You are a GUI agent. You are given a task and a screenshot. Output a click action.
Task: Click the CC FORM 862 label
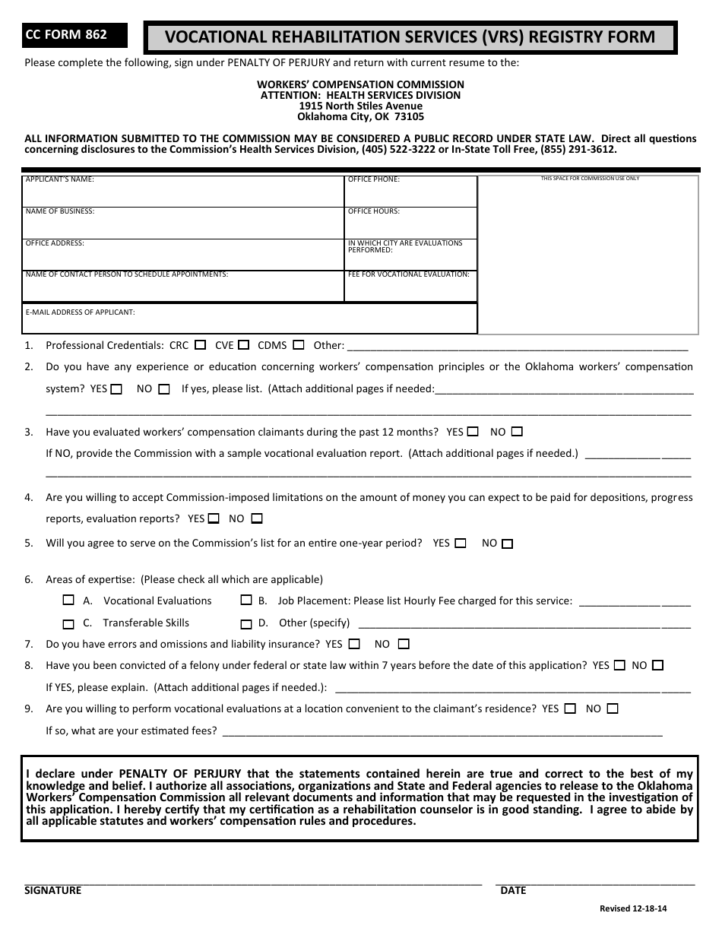(x=67, y=34)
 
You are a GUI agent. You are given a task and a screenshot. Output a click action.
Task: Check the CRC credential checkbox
(x=200, y=345)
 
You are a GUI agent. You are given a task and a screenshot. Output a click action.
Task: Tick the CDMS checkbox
(x=299, y=345)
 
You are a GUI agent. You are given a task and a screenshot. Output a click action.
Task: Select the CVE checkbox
(x=245, y=345)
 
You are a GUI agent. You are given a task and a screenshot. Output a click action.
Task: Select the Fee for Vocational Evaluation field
(x=410, y=287)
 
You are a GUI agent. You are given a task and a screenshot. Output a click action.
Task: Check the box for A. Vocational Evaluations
(x=69, y=600)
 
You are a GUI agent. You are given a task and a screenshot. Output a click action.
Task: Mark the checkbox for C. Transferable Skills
(x=69, y=624)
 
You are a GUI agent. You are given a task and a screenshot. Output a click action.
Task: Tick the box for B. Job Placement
(x=246, y=600)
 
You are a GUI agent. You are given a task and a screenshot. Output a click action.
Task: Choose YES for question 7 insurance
(x=354, y=644)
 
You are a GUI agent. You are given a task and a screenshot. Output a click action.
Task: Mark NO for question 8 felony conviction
(x=658, y=665)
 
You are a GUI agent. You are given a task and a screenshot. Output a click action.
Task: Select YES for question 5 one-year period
(x=462, y=544)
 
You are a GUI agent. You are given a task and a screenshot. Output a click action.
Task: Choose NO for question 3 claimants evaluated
(x=518, y=432)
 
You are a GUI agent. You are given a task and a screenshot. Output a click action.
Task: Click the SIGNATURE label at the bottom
(x=52, y=890)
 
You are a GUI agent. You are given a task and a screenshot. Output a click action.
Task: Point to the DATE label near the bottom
(x=513, y=890)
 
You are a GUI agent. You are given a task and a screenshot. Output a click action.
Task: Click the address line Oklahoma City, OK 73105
(x=360, y=117)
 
